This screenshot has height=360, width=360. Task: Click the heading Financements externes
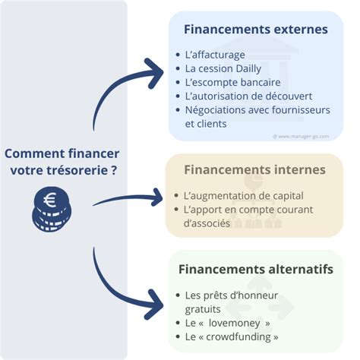[256, 30]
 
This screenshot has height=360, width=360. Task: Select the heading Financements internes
[254, 169]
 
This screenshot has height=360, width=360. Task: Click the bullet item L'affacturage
[215, 55]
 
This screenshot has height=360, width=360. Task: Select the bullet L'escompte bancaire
[232, 82]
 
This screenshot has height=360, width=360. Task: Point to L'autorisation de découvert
[248, 96]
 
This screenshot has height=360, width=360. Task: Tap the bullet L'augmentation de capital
[243, 195]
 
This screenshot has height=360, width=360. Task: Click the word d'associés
[207, 223]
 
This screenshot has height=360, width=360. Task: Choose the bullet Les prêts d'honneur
[232, 295]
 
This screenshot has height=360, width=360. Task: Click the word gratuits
[203, 308]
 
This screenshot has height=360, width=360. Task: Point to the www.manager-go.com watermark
[307, 136]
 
